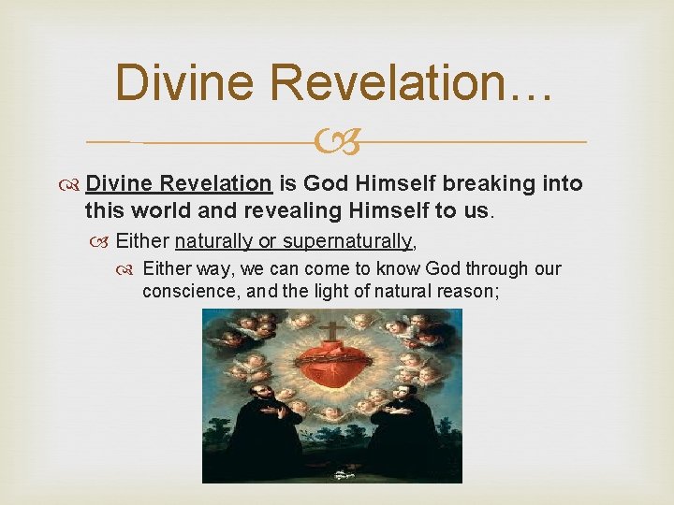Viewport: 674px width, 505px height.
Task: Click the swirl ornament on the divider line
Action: point(336,143)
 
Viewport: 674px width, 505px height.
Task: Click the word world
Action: point(155,210)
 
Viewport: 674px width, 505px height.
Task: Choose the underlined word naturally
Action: point(214,241)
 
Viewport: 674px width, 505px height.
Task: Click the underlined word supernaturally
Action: point(346,241)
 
